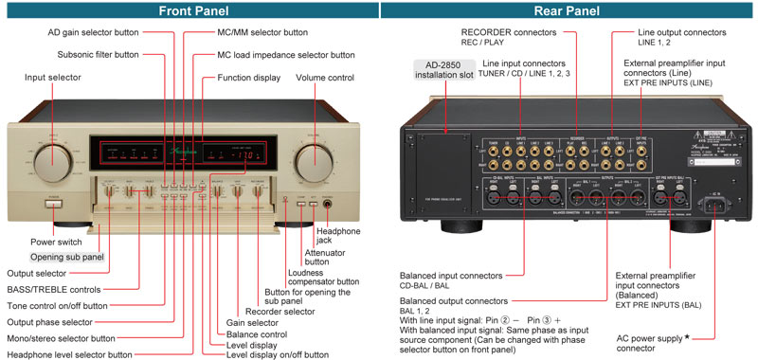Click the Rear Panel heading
(568, 10)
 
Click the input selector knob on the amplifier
(54, 164)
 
